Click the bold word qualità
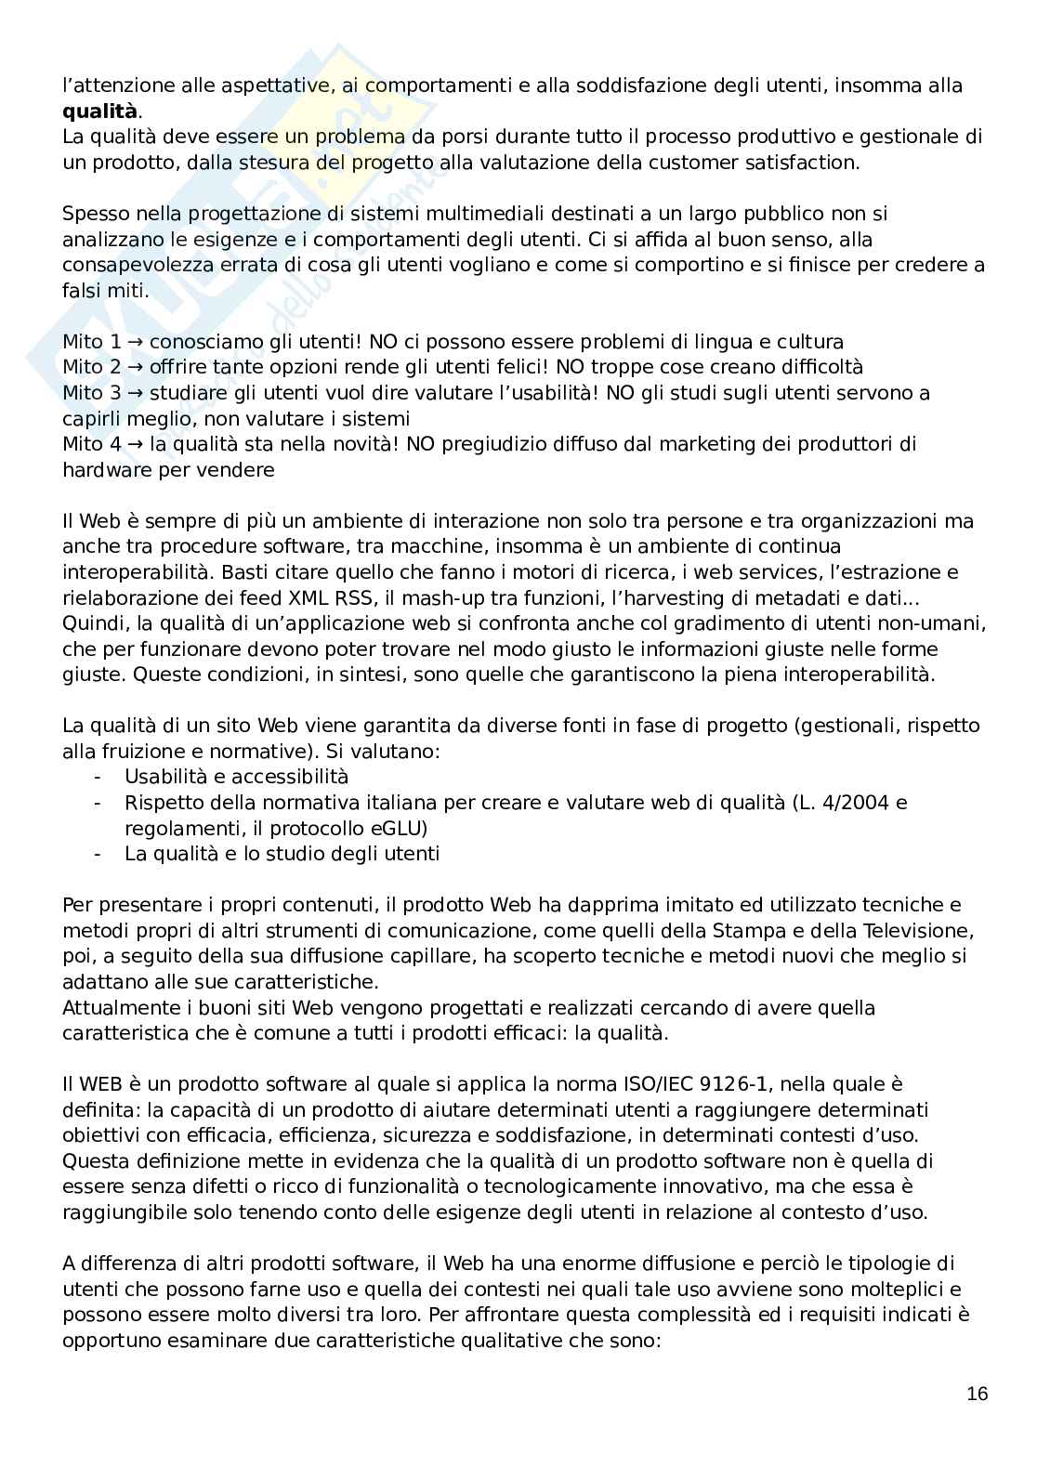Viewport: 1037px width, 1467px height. (99, 112)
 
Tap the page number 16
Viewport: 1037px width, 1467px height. (977, 1394)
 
